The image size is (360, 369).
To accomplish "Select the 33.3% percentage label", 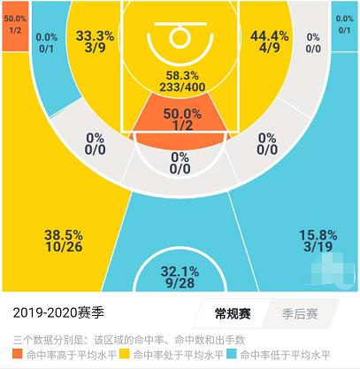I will coord(93,36).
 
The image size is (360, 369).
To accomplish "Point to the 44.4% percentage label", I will coord(267,36).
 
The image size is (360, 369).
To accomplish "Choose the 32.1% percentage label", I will coord(180,273).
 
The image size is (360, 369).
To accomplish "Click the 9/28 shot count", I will coord(180,285).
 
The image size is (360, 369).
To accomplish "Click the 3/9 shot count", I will coord(93,50).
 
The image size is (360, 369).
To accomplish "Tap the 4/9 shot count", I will coord(267,50).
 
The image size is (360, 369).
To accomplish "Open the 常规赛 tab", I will coord(232,313).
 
